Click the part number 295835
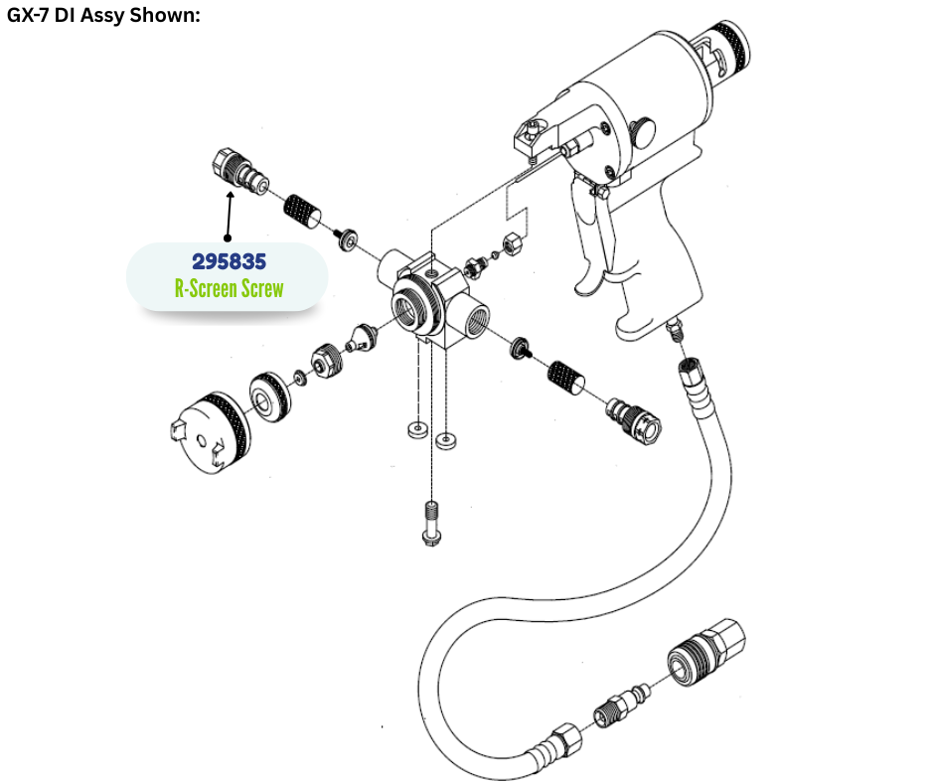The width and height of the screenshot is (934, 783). [x=229, y=261]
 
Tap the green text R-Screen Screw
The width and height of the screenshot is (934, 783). [x=229, y=288]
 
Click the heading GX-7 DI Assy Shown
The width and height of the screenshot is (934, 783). [x=103, y=15]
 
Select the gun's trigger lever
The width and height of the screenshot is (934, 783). [x=589, y=238]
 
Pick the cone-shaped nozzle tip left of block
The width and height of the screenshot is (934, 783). [x=363, y=337]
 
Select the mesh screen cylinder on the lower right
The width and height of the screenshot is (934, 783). [x=565, y=378]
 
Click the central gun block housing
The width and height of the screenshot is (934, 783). [x=433, y=300]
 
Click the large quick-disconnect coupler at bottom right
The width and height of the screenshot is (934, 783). [x=706, y=653]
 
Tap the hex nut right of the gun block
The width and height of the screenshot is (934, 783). [x=514, y=243]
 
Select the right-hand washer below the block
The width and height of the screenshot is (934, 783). [x=446, y=441]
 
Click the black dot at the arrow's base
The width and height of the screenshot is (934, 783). [x=228, y=238]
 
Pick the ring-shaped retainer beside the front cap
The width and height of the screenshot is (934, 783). [x=270, y=397]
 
